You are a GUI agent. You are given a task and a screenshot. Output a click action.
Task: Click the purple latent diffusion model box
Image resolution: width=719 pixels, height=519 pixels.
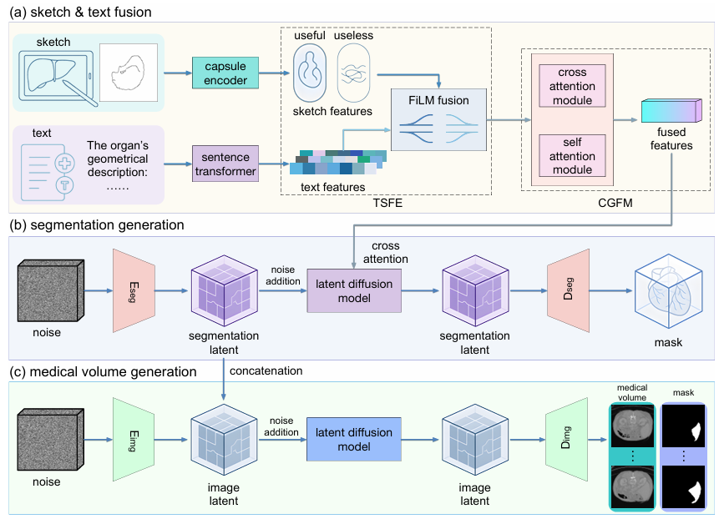point(355,291)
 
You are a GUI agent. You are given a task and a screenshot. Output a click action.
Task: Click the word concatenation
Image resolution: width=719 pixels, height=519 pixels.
point(266,370)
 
